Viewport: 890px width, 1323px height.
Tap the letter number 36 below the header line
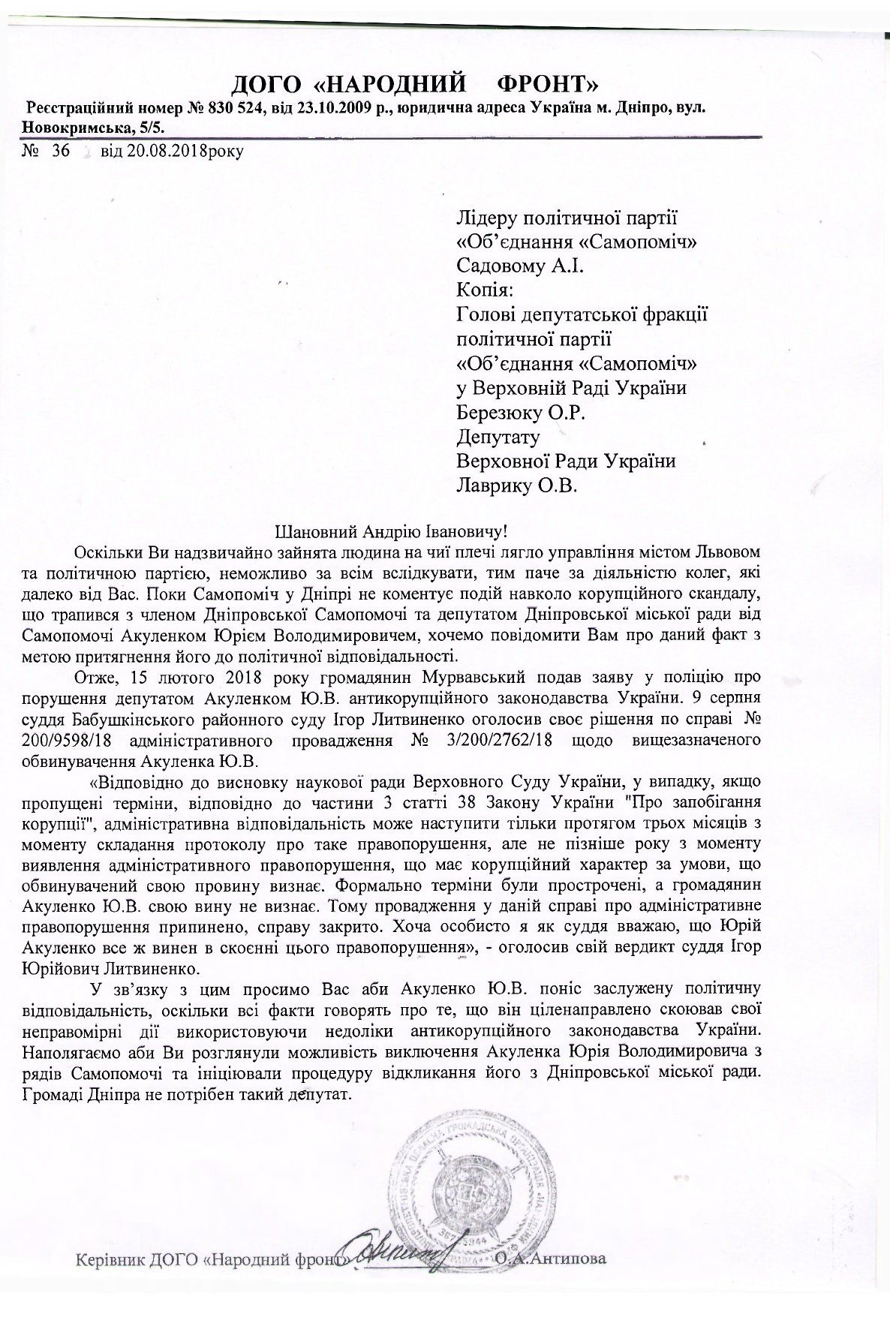(x=60, y=151)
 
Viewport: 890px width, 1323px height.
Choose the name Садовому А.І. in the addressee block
(x=516, y=266)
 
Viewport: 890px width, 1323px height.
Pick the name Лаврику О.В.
(x=517, y=486)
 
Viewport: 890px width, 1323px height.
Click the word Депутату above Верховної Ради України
(x=498, y=437)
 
